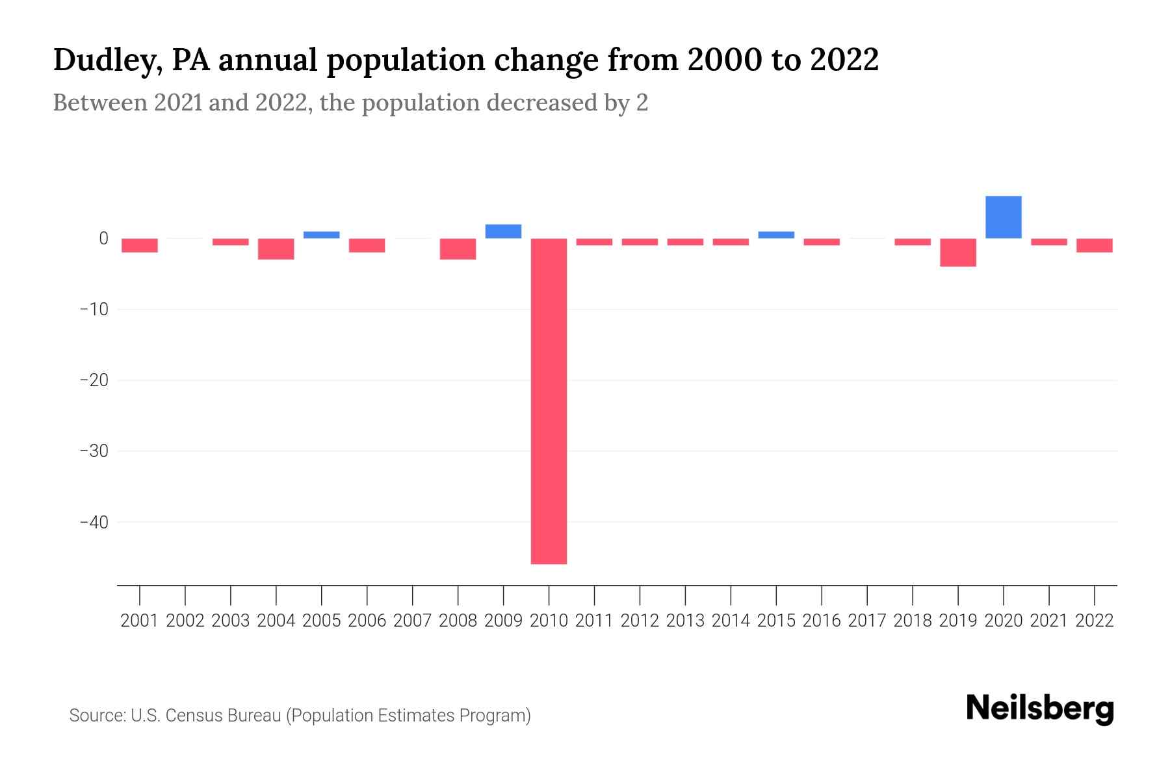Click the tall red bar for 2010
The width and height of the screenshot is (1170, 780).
tap(549, 401)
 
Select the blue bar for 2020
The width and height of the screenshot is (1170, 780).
tap(1003, 217)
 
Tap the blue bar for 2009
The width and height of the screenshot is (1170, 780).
tap(503, 231)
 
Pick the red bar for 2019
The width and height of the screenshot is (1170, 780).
tap(957, 252)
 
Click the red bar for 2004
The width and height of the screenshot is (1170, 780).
tap(276, 249)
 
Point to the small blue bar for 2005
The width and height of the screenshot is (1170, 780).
tap(321, 235)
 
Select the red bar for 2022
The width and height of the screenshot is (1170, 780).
tap(1094, 245)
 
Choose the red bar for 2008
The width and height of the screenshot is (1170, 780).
tap(458, 249)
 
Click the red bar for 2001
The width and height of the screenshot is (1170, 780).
tap(140, 245)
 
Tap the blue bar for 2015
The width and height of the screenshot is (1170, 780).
tap(776, 235)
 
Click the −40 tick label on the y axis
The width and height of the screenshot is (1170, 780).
tap(94, 522)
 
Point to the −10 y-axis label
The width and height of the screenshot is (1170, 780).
tap(94, 309)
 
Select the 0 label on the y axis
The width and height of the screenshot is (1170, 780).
tap(103, 239)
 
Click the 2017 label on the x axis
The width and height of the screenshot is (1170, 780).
tap(866, 621)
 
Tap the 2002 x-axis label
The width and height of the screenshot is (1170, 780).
tap(185, 621)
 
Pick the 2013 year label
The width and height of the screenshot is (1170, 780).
tap(685, 621)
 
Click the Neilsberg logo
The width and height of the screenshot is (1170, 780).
tap(1039, 708)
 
